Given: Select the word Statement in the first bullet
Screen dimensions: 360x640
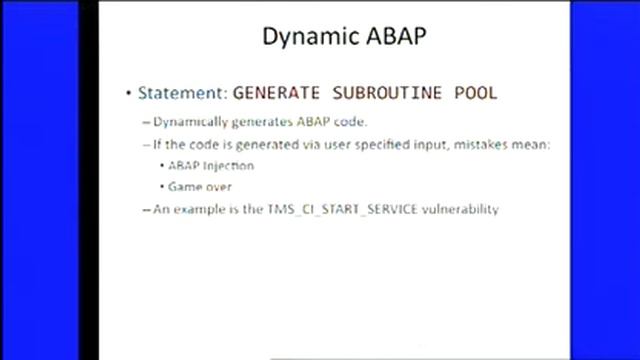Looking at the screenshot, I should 180,93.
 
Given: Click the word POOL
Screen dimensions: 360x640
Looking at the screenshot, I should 474,93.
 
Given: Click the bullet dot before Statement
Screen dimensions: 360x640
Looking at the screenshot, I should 128,94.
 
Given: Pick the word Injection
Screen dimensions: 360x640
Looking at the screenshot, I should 233,165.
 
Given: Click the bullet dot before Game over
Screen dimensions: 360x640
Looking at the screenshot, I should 161,187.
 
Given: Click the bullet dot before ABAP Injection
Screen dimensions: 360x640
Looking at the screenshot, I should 161,165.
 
